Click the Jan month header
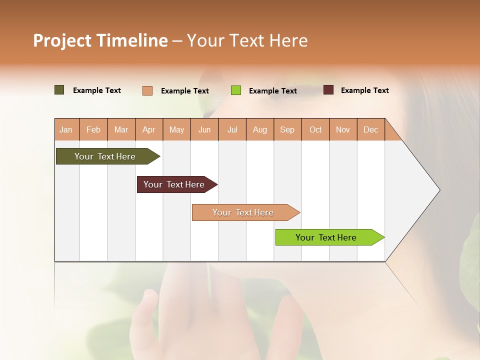point(66,130)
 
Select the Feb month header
point(93,130)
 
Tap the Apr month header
point(148,130)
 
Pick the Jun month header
point(204,130)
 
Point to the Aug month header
point(259,130)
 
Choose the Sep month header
point(287,130)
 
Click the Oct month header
point(315,130)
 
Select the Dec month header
point(370,130)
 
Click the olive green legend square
point(59,90)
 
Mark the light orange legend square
point(147,90)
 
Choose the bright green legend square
point(236,90)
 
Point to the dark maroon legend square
point(328,90)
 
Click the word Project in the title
point(62,41)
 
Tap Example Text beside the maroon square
point(364,90)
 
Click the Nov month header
point(342,130)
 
